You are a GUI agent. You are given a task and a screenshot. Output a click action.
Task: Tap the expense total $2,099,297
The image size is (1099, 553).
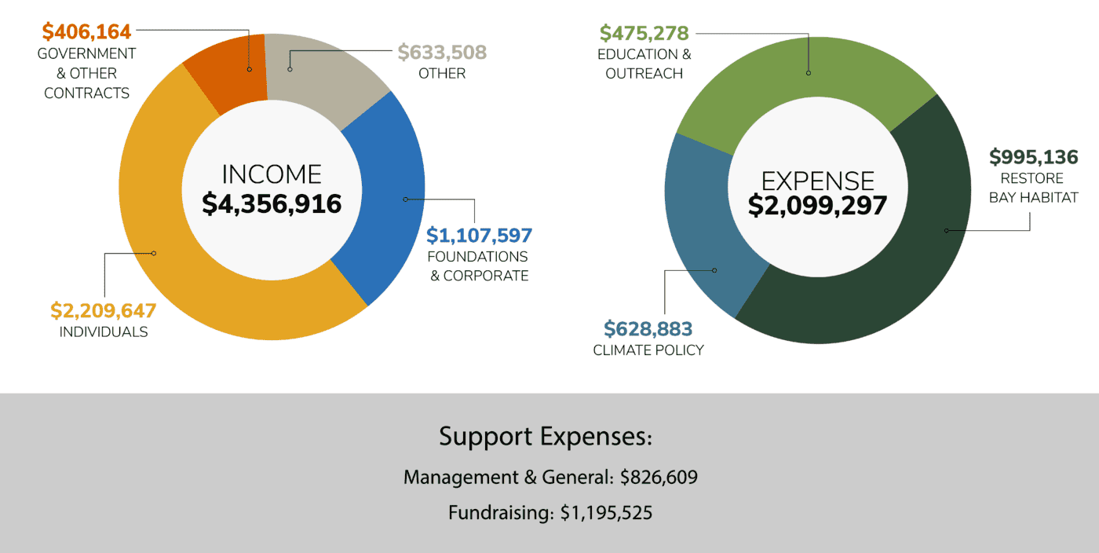817,206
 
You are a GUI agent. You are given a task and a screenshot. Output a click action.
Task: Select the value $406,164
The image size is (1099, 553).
86,32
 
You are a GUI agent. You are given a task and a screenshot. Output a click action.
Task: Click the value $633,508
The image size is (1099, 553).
442,52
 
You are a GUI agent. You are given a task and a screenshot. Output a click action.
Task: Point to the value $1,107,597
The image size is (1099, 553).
479,235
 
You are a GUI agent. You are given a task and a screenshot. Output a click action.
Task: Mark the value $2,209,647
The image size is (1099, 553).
103,310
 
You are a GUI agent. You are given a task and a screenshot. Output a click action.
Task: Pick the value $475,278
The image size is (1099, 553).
644,33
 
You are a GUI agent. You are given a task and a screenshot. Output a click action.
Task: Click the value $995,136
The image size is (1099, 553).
1033,156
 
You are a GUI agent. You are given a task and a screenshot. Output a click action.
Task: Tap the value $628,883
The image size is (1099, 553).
648,328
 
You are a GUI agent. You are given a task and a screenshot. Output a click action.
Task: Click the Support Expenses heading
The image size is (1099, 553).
546,436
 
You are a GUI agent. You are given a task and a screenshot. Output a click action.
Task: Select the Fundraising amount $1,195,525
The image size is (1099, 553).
606,513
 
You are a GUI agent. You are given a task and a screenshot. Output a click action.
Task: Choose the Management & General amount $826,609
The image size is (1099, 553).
659,477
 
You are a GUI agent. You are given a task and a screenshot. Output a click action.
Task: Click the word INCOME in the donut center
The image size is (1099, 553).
272,174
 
